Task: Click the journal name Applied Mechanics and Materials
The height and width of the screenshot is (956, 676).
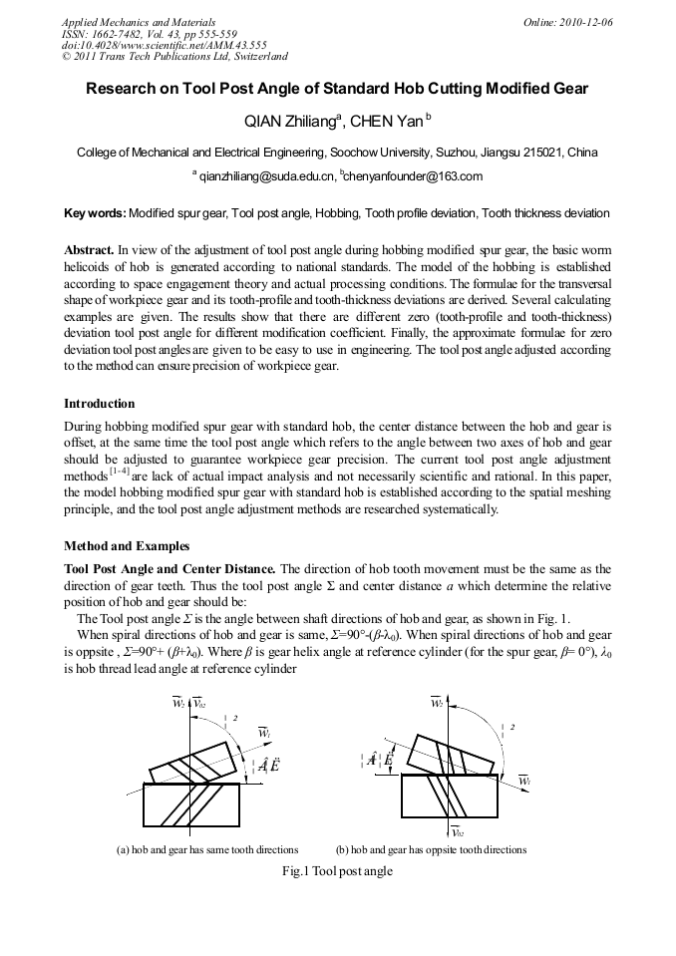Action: click(x=138, y=22)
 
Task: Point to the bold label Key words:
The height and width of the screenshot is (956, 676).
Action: click(x=95, y=213)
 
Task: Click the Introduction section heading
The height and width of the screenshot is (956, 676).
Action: click(x=99, y=404)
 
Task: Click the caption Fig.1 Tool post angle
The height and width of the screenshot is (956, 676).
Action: click(x=338, y=871)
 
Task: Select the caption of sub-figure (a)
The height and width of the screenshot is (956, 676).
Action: click(x=207, y=849)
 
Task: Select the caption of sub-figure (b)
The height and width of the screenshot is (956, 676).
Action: click(x=431, y=849)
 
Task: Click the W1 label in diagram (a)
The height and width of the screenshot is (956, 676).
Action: click(x=264, y=733)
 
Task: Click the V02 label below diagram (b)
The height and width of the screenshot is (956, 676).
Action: click(x=458, y=832)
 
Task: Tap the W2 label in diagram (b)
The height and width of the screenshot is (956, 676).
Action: click(x=437, y=704)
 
